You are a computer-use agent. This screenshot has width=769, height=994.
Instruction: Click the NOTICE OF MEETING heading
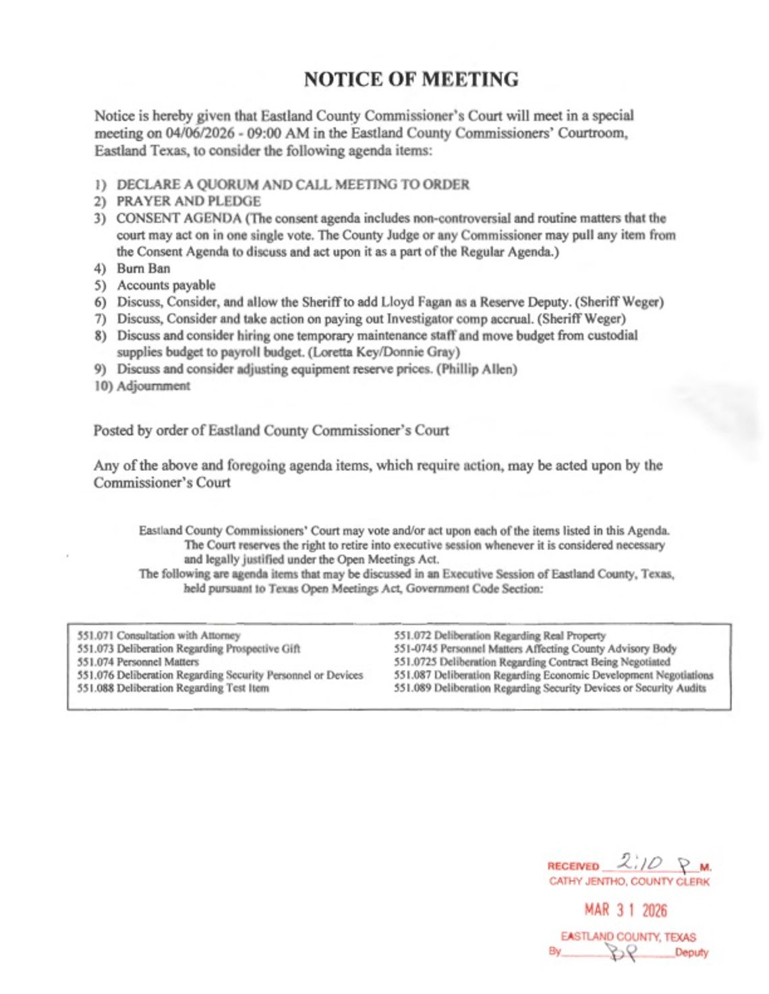coord(411,80)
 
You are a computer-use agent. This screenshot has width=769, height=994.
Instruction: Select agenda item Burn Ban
coord(143,269)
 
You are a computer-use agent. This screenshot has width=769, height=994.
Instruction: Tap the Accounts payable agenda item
coord(166,285)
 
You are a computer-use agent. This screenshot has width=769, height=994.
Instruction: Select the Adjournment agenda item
coord(153,386)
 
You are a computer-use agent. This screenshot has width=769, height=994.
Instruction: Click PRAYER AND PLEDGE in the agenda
coord(188,201)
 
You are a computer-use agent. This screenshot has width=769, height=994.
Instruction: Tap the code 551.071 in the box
coord(95,636)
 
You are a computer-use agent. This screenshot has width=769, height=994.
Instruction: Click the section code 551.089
coord(412,688)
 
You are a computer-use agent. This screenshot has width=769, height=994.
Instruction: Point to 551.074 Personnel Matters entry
coord(138,662)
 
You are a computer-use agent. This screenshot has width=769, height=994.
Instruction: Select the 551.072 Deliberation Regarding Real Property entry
coord(499,636)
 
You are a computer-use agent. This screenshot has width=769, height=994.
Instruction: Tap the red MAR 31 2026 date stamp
coord(625,910)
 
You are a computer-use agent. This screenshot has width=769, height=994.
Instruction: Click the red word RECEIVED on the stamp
coord(573,866)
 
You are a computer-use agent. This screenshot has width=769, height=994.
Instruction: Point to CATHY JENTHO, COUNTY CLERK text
coord(629,881)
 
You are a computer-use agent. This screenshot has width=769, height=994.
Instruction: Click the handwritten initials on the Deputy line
coord(621,952)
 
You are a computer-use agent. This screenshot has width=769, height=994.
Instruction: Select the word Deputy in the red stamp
coord(691,953)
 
